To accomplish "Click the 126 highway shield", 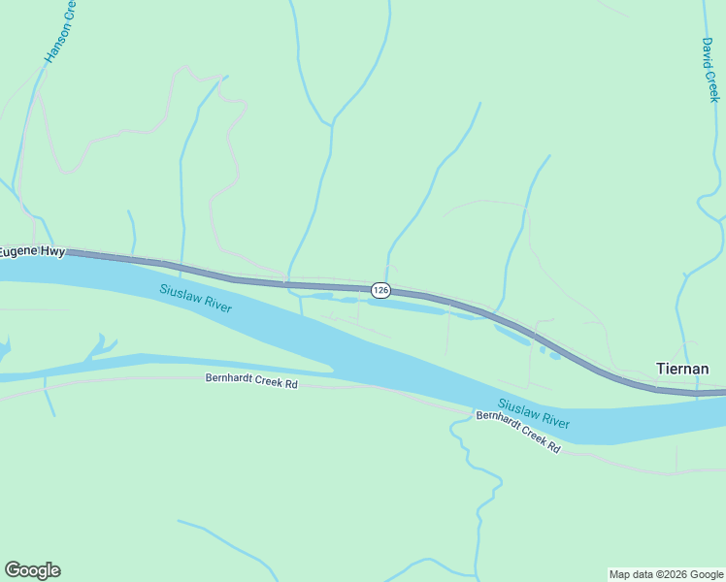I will [380, 290].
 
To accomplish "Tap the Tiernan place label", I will [682, 369].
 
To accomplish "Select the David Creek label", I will [710, 70].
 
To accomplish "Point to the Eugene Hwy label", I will [32, 251].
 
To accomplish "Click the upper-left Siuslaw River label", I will [195, 298].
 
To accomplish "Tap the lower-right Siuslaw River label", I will [534, 413].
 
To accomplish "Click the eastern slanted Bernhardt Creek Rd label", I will [518, 432].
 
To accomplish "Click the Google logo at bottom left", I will [32, 570].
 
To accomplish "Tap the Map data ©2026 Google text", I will [667, 574].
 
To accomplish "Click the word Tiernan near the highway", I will [682, 369].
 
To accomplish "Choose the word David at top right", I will [709, 50].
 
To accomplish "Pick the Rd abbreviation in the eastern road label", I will [553, 447].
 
